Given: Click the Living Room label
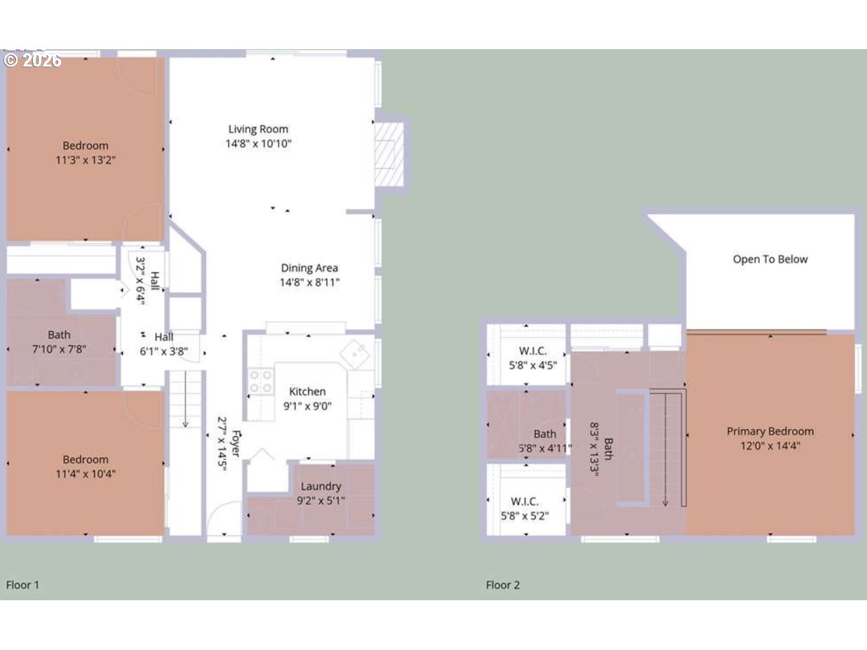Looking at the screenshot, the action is coord(258,129).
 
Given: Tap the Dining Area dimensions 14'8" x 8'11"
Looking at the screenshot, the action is coord(309,283).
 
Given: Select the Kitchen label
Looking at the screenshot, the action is coord(307,391).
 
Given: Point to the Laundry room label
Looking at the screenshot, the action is coord(321,487).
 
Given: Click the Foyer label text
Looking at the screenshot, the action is coord(236,444).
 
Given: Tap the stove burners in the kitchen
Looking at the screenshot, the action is coord(261,381).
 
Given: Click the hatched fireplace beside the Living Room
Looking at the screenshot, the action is coord(389,154).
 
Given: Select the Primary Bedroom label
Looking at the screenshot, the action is coord(770,431).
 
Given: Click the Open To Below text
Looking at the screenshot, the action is coord(770,259).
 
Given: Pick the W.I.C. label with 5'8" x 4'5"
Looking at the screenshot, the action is coord(533,351).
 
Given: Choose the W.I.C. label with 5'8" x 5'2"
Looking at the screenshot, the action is coord(525,501).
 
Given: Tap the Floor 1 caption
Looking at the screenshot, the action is coord(22,585).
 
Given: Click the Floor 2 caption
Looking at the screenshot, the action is coord(503,585).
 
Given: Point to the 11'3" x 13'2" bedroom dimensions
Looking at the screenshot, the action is coord(86,161).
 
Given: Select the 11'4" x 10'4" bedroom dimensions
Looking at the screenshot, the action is coord(86,473).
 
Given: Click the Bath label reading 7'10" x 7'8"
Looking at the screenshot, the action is coord(59,334).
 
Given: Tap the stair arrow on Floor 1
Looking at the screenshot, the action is coord(185,400).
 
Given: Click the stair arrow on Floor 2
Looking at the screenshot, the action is coord(666,450).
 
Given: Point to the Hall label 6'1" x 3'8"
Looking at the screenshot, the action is coord(164,344).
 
